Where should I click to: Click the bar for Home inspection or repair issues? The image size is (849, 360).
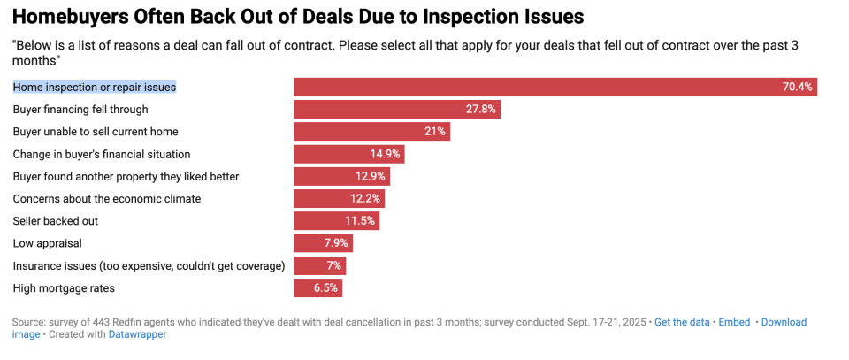pos(555,87)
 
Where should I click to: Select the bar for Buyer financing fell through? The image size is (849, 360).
pos(397,110)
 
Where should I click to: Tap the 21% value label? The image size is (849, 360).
pos(434,132)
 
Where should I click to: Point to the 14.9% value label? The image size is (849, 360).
pos(385,154)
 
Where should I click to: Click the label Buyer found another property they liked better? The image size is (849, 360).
pos(126,177)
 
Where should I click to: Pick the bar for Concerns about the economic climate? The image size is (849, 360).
pos(339,199)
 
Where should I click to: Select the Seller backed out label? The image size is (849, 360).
pos(54,221)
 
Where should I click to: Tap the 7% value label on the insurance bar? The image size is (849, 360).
pos(333,265)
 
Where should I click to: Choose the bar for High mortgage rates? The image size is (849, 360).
pos(317,287)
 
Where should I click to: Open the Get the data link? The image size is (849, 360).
pos(682,322)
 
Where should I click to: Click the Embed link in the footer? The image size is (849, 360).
pos(736,322)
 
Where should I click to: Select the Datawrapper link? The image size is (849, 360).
pos(137,334)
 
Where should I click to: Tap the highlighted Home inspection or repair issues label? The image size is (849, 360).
pos(95,87)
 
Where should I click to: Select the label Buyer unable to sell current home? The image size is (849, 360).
pos(96,132)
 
